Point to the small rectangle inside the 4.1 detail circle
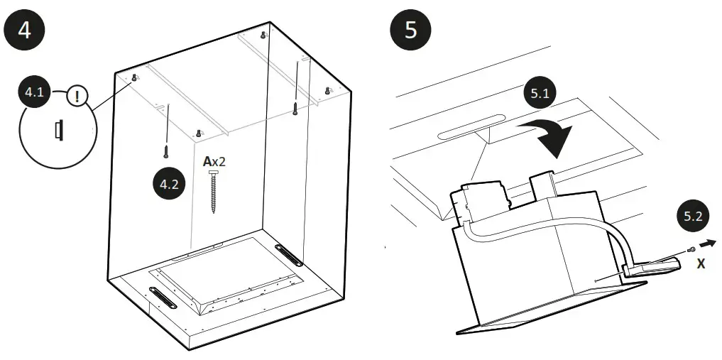[58, 130]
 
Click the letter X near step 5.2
[701, 263]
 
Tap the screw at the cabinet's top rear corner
[263, 35]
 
